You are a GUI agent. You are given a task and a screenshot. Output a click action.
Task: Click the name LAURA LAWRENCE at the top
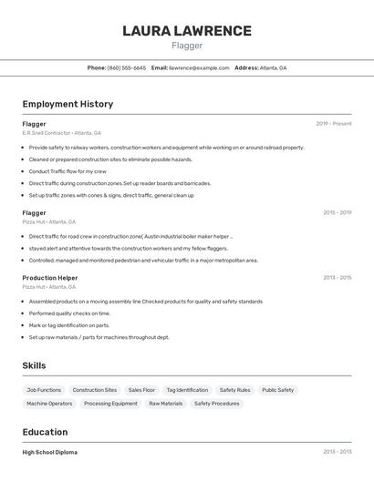coord(186,31)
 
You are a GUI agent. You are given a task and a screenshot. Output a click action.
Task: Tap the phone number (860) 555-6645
coord(126,67)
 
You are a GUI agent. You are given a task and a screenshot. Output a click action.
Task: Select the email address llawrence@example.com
coord(200,67)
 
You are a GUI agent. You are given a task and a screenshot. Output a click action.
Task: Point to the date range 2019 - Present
coord(334,124)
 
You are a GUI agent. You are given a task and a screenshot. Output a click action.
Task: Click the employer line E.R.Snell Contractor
coord(61,133)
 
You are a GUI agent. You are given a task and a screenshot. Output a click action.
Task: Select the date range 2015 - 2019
coord(337,212)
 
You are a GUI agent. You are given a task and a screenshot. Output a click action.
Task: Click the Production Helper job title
coord(50,278)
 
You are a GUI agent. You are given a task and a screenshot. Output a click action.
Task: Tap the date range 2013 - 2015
coord(337,278)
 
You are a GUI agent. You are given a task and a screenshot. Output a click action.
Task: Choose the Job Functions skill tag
coord(44,390)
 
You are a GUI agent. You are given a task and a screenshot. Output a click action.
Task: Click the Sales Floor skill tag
coord(141,390)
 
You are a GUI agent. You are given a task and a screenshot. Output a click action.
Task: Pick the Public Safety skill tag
coord(277,390)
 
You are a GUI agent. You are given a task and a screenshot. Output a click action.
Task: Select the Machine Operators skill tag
coord(49,403)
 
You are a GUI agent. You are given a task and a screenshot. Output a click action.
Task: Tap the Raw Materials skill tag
coord(165,403)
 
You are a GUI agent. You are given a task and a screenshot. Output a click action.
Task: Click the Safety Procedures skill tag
coord(216,403)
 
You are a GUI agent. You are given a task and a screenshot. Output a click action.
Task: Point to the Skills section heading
coord(35,365)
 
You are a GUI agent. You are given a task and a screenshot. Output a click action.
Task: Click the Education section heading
coord(45,432)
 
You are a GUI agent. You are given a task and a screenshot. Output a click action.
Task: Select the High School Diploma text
coord(50,452)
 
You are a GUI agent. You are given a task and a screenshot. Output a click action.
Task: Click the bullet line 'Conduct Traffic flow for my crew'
coord(68,171)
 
